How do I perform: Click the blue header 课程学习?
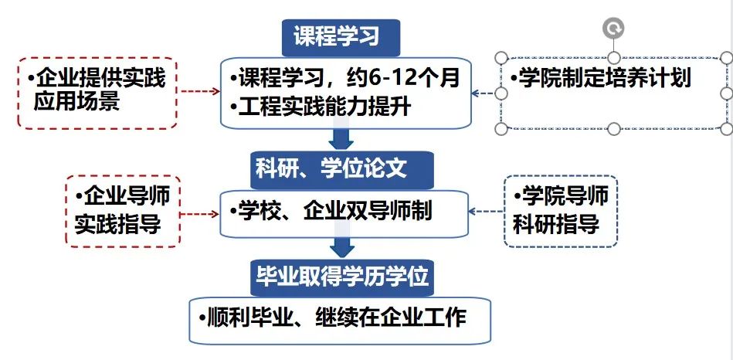[x=341, y=37]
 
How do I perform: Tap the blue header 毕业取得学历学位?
[x=341, y=277]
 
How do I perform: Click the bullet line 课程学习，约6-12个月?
[x=345, y=78]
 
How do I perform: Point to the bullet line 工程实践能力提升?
[x=321, y=107]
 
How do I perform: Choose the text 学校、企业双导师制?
[x=331, y=212]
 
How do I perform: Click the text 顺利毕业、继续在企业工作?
[x=332, y=318]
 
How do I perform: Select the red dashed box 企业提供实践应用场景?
[x=97, y=93]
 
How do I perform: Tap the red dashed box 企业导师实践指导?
[x=123, y=212]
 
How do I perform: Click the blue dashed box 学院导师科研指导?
[x=561, y=212]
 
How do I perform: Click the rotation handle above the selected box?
[x=613, y=29]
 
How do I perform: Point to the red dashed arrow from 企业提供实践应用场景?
[x=200, y=91]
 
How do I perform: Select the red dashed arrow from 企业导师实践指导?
[x=200, y=214]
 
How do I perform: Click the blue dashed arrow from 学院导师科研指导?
[x=486, y=212]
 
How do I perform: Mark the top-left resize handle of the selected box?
[x=501, y=58]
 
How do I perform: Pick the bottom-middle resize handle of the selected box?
[x=614, y=128]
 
